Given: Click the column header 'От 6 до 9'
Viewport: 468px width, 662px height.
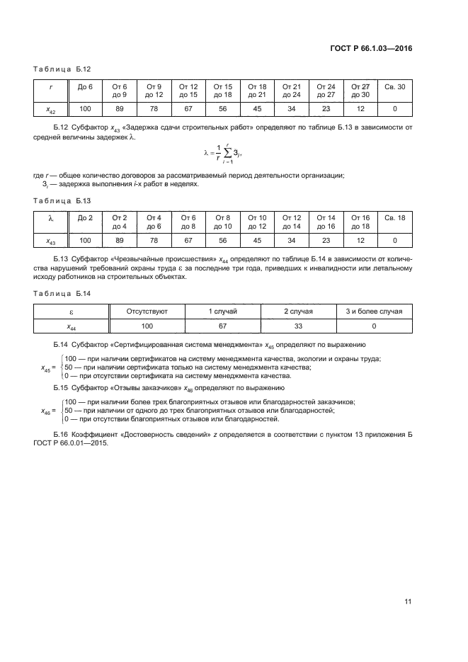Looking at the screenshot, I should [x=119, y=90].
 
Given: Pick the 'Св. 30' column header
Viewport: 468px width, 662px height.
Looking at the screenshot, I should [x=394, y=86].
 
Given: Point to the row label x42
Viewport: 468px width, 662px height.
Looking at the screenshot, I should [x=50, y=109].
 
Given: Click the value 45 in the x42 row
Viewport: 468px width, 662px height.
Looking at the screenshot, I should [x=257, y=108].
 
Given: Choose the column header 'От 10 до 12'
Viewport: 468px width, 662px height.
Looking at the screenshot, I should [x=257, y=222].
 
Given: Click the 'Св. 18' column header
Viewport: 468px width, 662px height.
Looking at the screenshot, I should [x=394, y=217].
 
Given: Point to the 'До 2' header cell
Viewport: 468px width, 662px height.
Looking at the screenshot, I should [x=85, y=217].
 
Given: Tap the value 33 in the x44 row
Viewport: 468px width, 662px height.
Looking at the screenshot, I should [x=298, y=326].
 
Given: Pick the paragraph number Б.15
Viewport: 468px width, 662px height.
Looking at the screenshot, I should [x=61, y=388].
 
